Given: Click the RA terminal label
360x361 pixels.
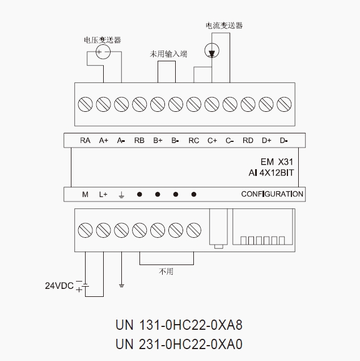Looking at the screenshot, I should click(x=85, y=140).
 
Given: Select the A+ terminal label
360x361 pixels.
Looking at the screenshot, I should click(x=103, y=140).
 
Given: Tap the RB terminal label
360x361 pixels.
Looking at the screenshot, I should click(x=139, y=140).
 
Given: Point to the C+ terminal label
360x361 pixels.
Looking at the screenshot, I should click(x=212, y=140).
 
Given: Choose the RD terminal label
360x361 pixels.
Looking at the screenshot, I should click(x=248, y=140).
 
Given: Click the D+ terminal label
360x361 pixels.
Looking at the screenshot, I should click(x=266, y=140).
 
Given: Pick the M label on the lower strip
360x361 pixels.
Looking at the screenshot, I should click(x=85, y=194).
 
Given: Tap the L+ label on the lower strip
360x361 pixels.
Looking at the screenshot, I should click(x=103, y=194).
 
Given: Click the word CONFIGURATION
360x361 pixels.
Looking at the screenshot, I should click(x=272, y=194).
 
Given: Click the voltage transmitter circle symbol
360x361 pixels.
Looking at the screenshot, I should click(x=103, y=53).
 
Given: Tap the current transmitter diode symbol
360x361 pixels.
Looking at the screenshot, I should click(x=212, y=53).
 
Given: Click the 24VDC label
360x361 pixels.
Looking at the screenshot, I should click(x=60, y=286).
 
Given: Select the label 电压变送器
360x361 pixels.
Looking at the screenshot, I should click(x=102, y=40).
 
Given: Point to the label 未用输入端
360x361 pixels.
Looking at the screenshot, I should click(x=168, y=53).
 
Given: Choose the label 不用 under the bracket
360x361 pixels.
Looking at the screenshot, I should click(x=166, y=272).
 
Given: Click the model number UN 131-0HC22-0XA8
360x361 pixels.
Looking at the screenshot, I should click(x=179, y=326).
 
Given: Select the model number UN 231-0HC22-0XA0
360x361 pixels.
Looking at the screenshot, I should click(x=179, y=344).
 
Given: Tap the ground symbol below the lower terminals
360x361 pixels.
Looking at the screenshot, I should click(x=121, y=284).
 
